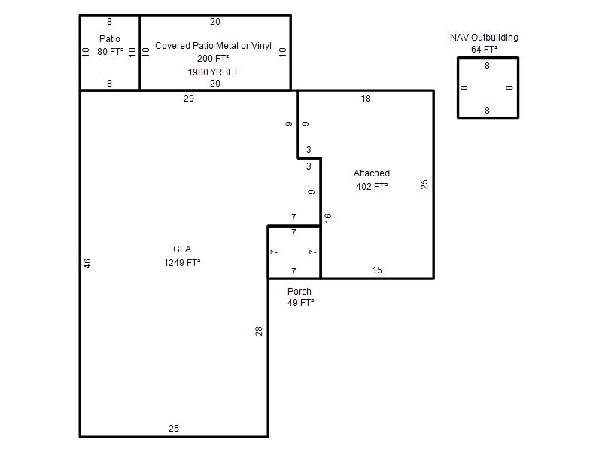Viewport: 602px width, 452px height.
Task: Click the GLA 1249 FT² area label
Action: [182, 255]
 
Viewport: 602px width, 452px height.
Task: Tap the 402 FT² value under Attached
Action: [372, 186]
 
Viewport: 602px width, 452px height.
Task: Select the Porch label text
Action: [299, 291]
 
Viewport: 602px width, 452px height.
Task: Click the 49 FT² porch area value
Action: [300, 303]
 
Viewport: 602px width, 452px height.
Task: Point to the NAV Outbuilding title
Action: [484, 37]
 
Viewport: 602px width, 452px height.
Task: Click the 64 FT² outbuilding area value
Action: [484, 49]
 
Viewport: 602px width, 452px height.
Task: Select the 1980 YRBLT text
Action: [213, 72]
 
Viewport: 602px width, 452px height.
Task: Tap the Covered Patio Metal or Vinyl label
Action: [213, 46]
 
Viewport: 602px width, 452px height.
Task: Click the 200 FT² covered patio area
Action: [213, 59]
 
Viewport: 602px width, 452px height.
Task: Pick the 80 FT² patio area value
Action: [110, 51]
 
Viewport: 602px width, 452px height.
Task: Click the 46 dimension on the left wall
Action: [87, 263]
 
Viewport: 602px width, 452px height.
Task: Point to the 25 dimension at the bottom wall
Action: [174, 428]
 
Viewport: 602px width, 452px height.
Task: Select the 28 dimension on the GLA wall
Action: [259, 331]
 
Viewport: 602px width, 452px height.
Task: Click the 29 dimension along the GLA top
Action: [189, 99]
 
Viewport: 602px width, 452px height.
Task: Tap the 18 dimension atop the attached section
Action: [366, 99]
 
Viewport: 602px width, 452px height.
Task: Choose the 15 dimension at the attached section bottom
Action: [377, 270]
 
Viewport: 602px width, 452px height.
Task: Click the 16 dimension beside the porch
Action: [327, 218]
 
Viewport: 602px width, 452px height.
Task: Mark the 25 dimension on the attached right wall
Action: [424, 185]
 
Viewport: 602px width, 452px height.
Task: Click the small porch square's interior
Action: [294, 252]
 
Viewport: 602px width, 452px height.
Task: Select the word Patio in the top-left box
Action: [109, 39]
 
